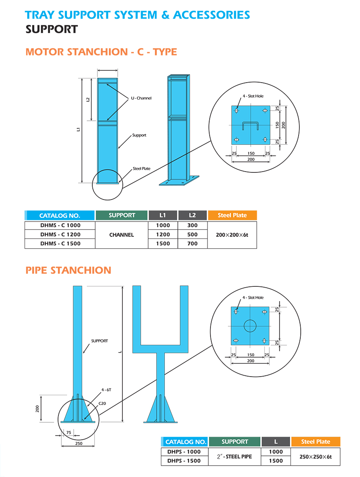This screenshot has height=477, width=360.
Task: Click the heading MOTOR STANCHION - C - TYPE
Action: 101,52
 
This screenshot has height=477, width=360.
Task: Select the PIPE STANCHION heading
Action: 68,270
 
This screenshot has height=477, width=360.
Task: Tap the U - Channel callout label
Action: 141,98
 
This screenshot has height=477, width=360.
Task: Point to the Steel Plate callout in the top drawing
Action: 141,169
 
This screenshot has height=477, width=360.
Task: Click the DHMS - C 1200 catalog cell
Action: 60,234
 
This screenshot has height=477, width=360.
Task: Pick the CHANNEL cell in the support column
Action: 122,235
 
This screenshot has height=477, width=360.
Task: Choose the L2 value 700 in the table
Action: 192,244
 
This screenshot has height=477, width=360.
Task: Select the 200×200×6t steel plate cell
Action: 232,235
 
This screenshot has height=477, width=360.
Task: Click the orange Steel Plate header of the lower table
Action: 316,442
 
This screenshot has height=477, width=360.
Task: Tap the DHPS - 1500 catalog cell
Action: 184,461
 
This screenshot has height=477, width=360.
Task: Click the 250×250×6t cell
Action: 316,457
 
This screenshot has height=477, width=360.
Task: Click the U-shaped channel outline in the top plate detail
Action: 250,125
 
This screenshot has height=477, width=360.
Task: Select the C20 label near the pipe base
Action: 102,404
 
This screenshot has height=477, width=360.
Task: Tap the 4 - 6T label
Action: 106,389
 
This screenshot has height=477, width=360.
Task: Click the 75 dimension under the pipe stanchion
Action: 68,433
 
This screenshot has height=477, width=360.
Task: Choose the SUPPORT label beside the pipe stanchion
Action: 100,341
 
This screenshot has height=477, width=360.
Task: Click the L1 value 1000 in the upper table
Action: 163,225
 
